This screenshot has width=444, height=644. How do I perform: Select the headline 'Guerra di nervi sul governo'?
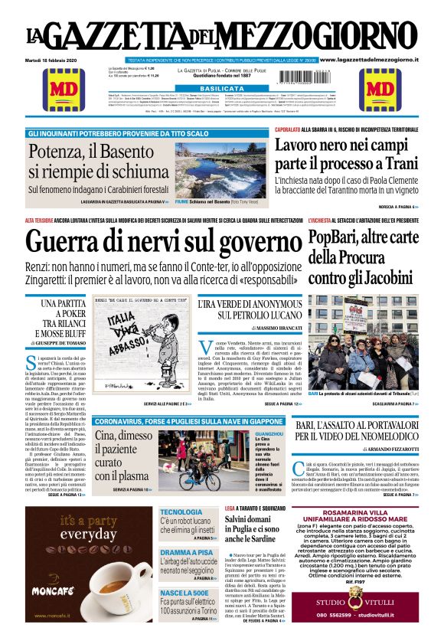[163, 243]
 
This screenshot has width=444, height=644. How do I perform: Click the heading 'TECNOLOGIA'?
[181, 512]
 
